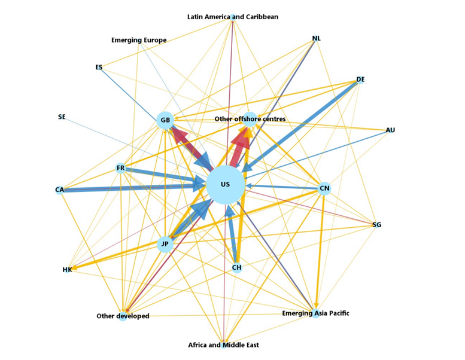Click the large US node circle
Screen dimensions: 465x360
tap(226, 185)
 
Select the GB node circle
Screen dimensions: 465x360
tap(165, 121)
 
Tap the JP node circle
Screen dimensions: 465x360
tap(165, 244)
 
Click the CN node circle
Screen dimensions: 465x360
tap(324, 189)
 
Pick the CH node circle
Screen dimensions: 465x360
tap(237, 267)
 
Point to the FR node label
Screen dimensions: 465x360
tap(121, 168)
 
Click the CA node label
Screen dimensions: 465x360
tap(59, 190)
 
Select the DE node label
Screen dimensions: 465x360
tap(360, 80)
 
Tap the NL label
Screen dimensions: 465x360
tap(317, 39)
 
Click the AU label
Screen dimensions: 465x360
tap(390, 130)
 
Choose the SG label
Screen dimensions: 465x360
tap(376, 225)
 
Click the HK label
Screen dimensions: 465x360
tap(67, 270)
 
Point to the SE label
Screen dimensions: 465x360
tap(62, 117)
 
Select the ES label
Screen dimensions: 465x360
tap(99, 68)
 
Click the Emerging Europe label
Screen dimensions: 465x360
tap(139, 41)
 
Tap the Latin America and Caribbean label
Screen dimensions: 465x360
tap(233, 17)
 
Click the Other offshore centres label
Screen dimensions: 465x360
tap(250, 119)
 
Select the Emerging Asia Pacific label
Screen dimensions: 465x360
tap(315, 313)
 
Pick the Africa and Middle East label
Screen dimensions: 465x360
tap(223, 345)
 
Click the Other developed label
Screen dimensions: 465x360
tap(123, 316)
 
